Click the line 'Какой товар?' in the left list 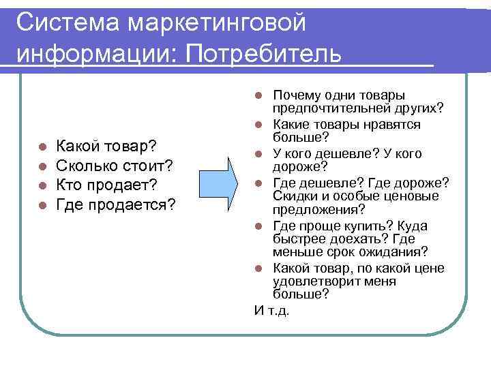107,146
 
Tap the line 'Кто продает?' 106,185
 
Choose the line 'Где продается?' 116,205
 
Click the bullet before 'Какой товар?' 42,147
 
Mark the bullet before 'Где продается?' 42,206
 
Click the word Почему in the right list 295,95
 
